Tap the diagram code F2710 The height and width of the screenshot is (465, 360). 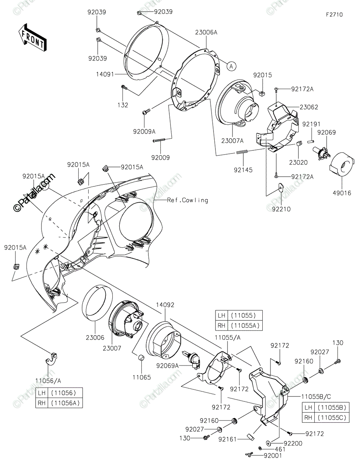pos(334,15)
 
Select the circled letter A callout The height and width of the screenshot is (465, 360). pos(231,67)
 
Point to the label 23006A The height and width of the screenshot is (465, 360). pos(206,32)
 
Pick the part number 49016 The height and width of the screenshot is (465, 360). pos(342,193)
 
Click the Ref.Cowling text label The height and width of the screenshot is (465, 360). pos(188,200)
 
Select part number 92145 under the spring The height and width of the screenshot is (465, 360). pos(243,170)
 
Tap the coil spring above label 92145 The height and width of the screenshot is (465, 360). pos(242,152)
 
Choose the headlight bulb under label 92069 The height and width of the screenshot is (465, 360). pos(321,153)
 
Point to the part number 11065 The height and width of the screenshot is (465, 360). pos(141,377)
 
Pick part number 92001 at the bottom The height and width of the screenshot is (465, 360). pos(273,456)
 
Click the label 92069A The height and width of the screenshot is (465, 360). pos(167,366)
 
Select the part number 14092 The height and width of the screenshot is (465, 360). pos(165,305)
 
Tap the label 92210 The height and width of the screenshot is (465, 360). pos(281,209)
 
